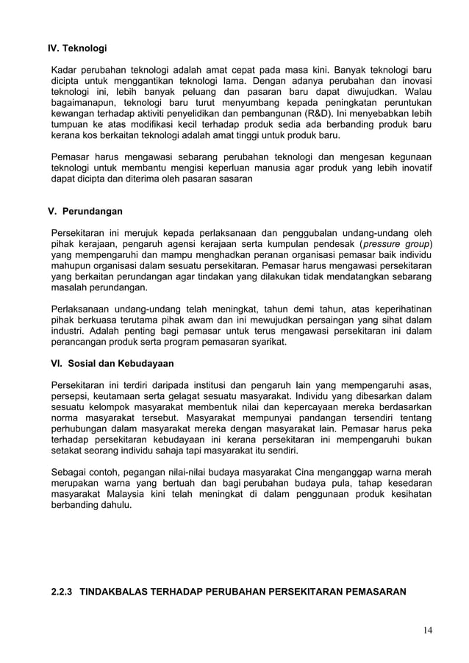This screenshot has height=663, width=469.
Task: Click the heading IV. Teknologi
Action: [x=77, y=49]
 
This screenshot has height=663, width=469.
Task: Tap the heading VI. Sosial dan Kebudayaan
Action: [x=111, y=363]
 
